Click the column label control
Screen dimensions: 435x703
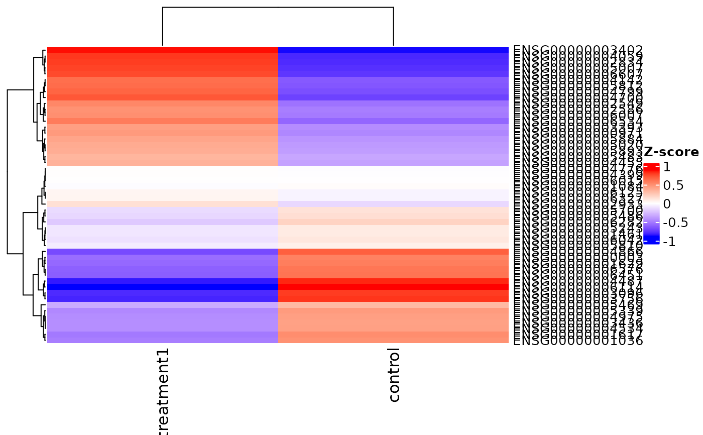[x=394, y=375]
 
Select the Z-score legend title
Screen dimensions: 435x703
[x=671, y=152]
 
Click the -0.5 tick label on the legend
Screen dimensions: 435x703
[x=675, y=223]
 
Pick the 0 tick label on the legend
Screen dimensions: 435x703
[x=667, y=204]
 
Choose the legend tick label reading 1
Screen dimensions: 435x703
[x=667, y=167]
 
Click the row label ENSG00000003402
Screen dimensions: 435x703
[x=577, y=50]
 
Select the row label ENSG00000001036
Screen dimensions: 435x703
[x=577, y=341]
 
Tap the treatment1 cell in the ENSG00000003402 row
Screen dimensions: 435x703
[x=163, y=50]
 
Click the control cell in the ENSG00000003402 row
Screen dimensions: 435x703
[x=393, y=50]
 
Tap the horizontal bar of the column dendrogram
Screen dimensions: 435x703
[x=278, y=8]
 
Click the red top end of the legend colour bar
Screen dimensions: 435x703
[x=651, y=165]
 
